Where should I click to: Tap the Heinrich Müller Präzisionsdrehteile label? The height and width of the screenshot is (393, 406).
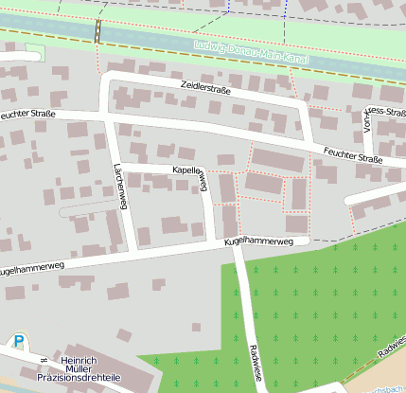[x=79, y=370]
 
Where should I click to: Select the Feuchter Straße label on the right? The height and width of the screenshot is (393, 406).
[x=352, y=155]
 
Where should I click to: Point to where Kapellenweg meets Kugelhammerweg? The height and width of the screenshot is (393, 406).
[x=210, y=245]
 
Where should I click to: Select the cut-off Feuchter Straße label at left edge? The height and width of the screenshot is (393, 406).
[x=27, y=115]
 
